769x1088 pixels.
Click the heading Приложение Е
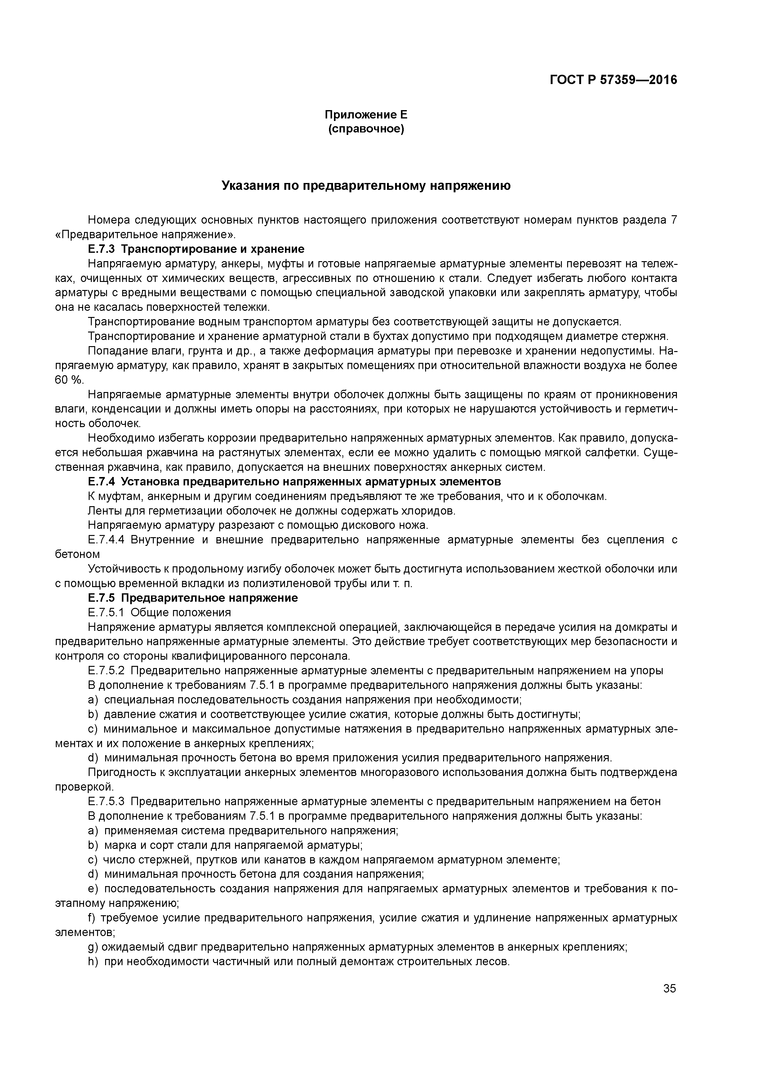366,115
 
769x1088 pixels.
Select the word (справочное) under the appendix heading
366,129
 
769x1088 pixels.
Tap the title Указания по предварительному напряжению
366,186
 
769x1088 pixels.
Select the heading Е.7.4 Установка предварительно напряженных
294,482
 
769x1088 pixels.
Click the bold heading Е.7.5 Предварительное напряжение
193,598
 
